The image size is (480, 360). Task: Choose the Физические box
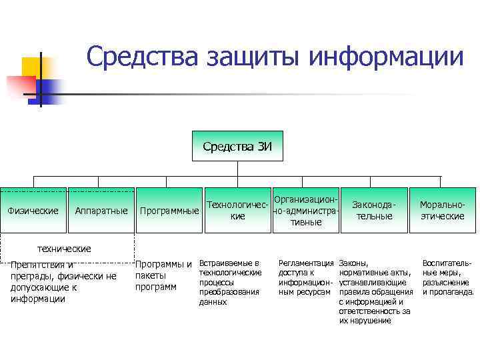pyautogui.click(x=33, y=211)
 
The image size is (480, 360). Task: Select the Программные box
pyautogui.click(x=169, y=211)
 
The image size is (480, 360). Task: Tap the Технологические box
pyautogui.click(x=237, y=211)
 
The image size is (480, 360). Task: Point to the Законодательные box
pyautogui.click(x=374, y=211)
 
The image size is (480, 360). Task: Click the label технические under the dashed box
pyautogui.click(x=64, y=249)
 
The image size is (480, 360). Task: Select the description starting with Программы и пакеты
pyautogui.click(x=163, y=275)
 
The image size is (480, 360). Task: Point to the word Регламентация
pyautogui.click(x=305, y=263)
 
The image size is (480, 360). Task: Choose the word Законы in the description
pyautogui.click(x=353, y=263)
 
